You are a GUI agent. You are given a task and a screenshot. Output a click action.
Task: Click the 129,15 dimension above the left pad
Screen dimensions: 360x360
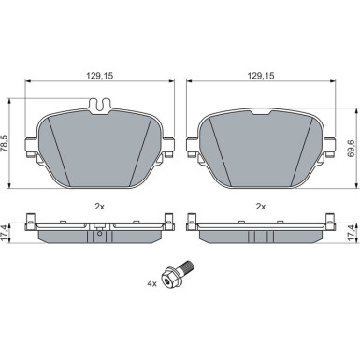99,76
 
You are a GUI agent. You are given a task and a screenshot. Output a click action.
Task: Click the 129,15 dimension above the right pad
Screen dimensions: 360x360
261,76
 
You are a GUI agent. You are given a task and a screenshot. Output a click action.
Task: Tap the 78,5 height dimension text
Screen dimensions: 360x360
5,144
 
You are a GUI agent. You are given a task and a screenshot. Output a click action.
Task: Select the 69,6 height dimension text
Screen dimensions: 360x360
352,149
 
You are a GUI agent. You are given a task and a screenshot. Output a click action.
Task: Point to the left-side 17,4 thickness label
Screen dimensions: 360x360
5,233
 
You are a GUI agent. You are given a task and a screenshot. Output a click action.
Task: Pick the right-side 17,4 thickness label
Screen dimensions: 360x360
352,233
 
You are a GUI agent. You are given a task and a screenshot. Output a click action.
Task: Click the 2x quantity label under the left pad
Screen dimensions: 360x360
99,206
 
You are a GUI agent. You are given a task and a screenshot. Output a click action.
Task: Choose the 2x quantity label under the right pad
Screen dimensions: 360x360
261,206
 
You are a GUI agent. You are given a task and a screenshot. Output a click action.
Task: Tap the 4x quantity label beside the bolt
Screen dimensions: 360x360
151,283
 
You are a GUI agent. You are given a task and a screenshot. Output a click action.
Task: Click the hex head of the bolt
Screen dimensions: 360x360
168,278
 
